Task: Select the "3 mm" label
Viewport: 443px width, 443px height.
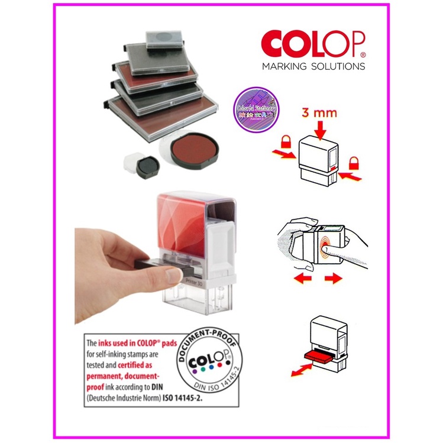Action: [x=322, y=113]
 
